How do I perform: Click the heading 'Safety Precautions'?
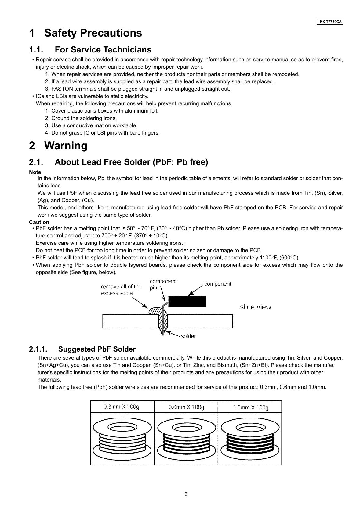[x=85, y=33]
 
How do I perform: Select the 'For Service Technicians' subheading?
[x=90, y=50]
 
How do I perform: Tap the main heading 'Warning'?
[x=58, y=146]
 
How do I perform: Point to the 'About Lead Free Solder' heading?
[x=118, y=162]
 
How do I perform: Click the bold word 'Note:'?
[x=36, y=172]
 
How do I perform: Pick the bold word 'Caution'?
[x=39, y=222]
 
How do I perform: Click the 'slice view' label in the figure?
[x=255, y=307]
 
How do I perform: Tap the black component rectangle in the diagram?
[x=187, y=302]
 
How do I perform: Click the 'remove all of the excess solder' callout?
[x=121, y=290]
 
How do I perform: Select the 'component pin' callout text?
[x=163, y=284]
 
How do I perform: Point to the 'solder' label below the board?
[x=188, y=336]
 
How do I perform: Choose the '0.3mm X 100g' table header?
[x=121, y=407]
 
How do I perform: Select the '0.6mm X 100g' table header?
[x=186, y=407]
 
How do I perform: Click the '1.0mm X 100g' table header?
[x=250, y=407]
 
